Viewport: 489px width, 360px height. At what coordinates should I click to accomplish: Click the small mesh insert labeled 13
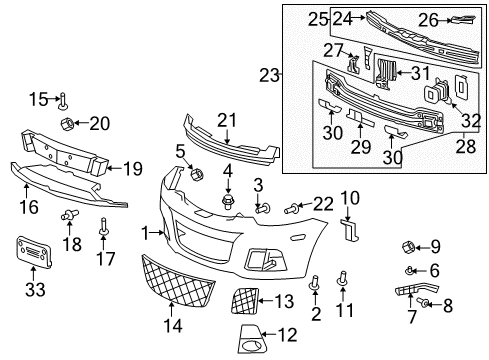(x=246, y=297)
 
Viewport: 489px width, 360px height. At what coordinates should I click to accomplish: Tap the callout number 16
(x=29, y=207)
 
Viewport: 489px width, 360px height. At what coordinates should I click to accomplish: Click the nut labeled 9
(x=407, y=244)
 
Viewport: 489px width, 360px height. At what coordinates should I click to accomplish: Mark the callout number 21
(x=228, y=121)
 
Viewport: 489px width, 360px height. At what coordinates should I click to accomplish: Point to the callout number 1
(x=146, y=232)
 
